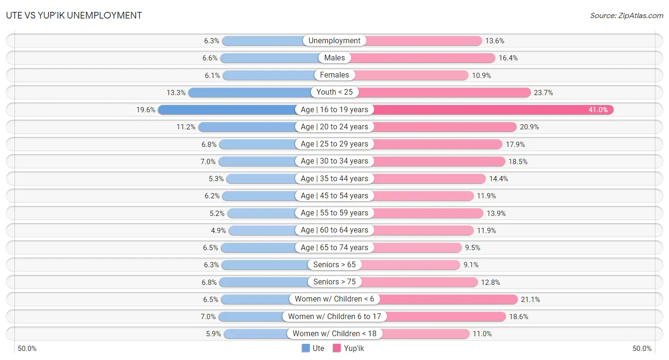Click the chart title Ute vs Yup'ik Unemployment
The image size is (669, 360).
74,15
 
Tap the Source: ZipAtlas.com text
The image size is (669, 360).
626,16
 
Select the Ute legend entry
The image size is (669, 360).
313,348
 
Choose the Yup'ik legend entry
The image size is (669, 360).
348,348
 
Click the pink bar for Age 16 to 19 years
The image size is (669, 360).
490,110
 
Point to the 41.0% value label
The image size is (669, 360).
598,110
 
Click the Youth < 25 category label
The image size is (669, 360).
334,92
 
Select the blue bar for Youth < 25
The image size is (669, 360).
250,92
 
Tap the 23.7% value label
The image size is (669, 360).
543,93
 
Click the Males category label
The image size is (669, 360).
334,58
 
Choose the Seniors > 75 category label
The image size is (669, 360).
334,282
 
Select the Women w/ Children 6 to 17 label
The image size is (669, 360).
334,316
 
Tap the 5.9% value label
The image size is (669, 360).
213,334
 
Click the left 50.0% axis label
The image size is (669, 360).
27,349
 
